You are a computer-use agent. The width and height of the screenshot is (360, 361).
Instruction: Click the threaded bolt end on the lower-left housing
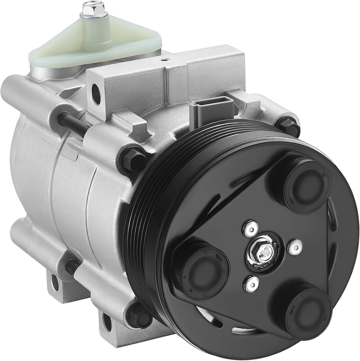coord(70,267)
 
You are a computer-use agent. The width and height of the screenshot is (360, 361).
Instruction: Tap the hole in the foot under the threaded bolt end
coord(55,283)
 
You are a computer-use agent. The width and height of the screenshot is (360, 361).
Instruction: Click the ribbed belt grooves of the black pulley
coord(152,227)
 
